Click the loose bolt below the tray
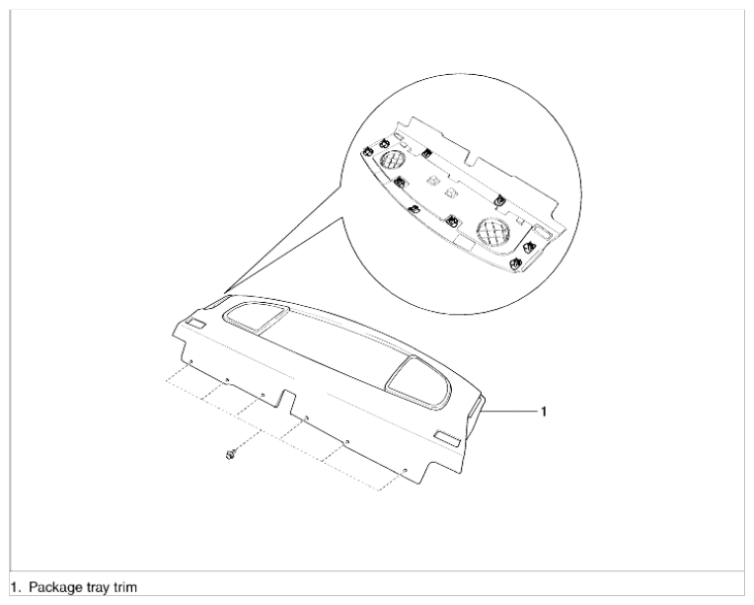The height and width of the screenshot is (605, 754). (x=231, y=454)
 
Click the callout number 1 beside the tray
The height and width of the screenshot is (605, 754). (x=544, y=412)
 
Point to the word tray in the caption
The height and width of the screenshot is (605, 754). (x=98, y=588)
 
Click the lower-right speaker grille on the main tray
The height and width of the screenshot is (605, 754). (x=417, y=382)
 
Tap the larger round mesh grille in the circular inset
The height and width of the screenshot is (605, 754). (x=493, y=232)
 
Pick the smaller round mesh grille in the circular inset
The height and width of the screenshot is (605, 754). (x=393, y=160)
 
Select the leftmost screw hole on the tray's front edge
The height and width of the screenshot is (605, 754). (x=190, y=360)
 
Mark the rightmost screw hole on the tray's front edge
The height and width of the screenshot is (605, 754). (x=405, y=470)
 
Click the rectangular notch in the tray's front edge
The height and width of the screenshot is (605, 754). (x=286, y=401)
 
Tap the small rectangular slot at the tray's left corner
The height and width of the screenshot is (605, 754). (x=195, y=323)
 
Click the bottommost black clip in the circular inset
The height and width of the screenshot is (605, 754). (x=516, y=264)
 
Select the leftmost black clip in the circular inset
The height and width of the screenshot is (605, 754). (x=367, y=151)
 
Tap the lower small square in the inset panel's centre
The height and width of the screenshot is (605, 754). (x=451, y=192)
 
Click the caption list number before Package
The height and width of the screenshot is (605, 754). (x=16, y=587)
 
